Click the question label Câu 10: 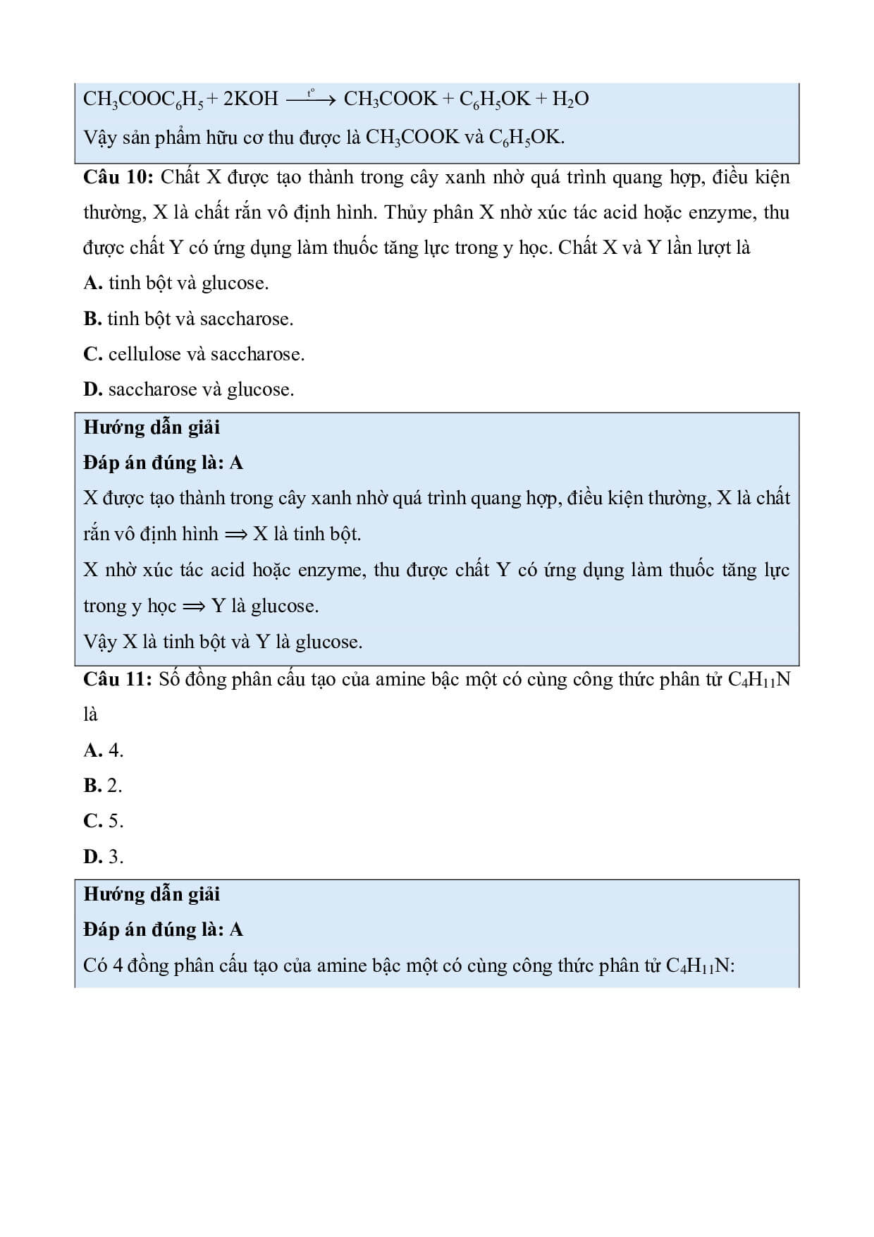pyautogui.click(x=118, y=177)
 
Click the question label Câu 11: pyautogui.click(x=117, y=679)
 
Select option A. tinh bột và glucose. pyautogui.click(x=176, y=284)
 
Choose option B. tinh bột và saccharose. pyautogui.click(x=187, y=319)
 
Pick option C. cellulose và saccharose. pyautogui.click(x=194, y=354)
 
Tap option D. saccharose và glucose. pyautogui.click(x=188, y=389)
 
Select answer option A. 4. pyautogui.click(x=104, y=750)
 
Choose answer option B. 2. pyautogui.click(x=103, y=786)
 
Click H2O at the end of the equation pyautogui.click(x=570, y=99)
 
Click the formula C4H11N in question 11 pyautogui.click(x=758, y=680)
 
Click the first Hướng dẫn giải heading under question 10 pyautogui.click(x=152, y=427)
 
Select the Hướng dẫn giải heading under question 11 pyautogui.click(x=152, y=894)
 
